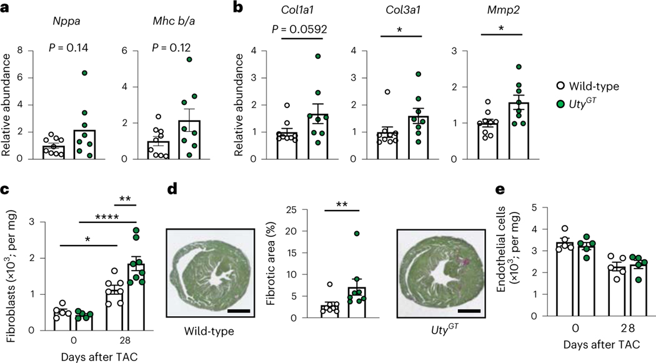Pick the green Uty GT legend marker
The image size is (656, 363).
(x=560, y=102)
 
